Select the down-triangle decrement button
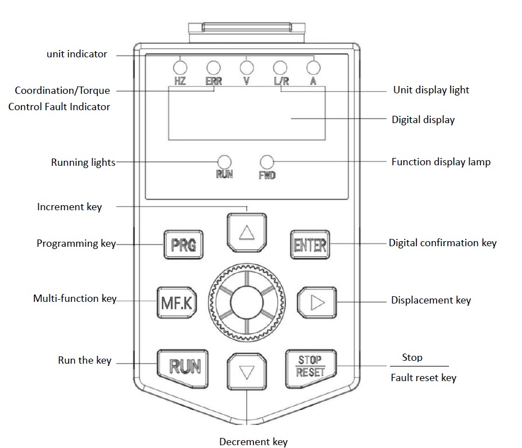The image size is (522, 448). [x=247, y=372]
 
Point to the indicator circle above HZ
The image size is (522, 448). [x=180, y=68]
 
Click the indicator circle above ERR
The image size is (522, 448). [x=213, y=68]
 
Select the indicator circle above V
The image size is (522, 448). [x=247, y=68]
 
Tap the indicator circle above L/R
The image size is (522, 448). [x=280, y=68]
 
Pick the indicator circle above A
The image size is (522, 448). [x=314, y=68]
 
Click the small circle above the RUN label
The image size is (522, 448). [x=224, y=161]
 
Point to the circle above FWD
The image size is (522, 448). [x=267, y=161]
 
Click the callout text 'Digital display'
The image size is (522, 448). [x=423, y=120]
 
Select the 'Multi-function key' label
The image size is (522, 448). [x=74, y=298]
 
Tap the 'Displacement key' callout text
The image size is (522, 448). [x=430, y=300]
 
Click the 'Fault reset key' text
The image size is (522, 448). [x=423, y=378]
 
